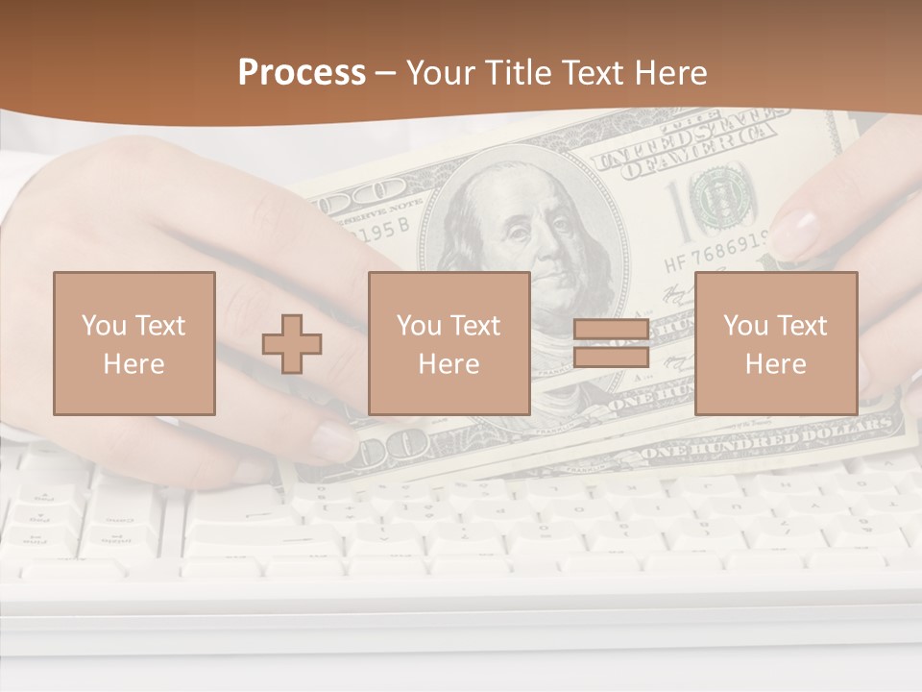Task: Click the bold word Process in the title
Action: pyautogui.click(x=302, y=72)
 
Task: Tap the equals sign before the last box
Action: pyautogui.click(x=611, y=343)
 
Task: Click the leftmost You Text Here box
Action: pyautogui.click(x=133, y=343)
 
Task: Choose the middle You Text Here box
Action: pyautogui.click(x=449, y=343)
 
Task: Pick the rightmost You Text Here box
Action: pyautogui.click(x=775, y=343)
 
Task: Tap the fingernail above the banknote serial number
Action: pyautogui.click(x=794, y=232)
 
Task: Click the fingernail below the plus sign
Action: pyautogui.click(x=331, y=439)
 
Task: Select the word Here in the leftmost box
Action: pyautogui.click(x=133, y=363)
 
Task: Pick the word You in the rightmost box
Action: pyautogui.click(x=744, y=325)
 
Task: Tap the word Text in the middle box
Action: pyautogui.click(x=474, y=325)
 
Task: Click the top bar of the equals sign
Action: pyautogui.click(x=611, y=331)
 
